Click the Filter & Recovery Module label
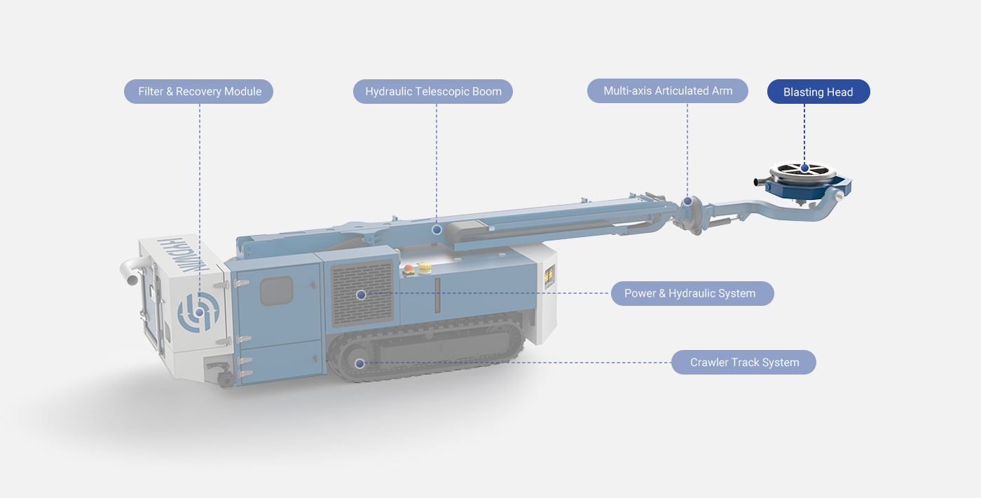point(198,92)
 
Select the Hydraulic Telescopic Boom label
point(433,92)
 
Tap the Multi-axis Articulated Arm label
point(667,90)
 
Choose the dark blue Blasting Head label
point(818,92)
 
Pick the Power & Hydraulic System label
point(692,293)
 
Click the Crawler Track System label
point(743,362)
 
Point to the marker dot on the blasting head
point(804,168)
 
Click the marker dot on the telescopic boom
point(437,230)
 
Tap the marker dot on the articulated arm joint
point(687,201)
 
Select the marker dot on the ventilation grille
point(362,295)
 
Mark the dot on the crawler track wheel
point(359,363)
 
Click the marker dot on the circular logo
point(199,312)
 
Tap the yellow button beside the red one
point(425,267)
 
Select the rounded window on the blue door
point(276,290)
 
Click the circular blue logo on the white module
point(198,311)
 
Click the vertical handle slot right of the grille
point(437,295)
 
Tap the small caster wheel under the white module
point(225,379)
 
